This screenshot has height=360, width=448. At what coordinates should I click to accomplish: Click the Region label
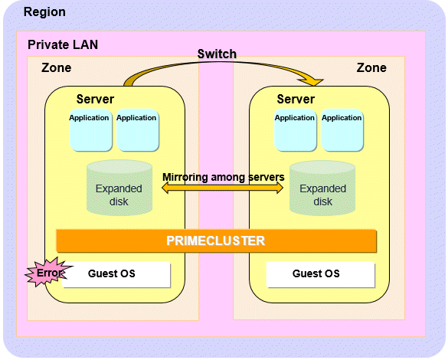[x=44, y=12]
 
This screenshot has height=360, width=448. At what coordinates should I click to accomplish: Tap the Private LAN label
[x=63, y=45]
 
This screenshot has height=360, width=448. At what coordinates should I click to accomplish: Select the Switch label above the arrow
[x=217, y=54]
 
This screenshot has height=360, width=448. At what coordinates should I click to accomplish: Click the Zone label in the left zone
[x=56, y=68]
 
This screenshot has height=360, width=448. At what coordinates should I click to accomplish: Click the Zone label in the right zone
[x=371, y=68]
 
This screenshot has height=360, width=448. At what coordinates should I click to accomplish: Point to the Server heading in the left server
[x=95, y=99]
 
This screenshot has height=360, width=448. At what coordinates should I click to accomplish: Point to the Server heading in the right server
[x=296, y=99]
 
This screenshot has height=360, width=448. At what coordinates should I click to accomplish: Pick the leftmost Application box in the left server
[x=90, y=130]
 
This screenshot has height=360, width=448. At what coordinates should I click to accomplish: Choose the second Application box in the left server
[x=137, y=130]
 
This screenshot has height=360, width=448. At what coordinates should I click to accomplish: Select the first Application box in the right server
[x=296, y=130]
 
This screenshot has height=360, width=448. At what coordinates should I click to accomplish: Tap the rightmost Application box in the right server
[x=342, y=130]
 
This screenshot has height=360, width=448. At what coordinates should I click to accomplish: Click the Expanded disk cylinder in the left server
[x=119, y=188]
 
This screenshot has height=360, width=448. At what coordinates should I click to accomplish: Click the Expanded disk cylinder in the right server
[x=322, y=188]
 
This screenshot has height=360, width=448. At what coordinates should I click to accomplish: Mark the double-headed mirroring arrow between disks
[x=222, y=188]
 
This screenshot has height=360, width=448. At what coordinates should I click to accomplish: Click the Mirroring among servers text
[x=224, y=177]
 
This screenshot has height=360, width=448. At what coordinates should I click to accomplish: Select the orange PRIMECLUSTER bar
[x=216, y=241]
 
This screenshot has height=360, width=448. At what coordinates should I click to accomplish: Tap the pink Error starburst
[x=48, y=272]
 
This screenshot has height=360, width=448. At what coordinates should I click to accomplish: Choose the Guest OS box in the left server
[x=116, y=274]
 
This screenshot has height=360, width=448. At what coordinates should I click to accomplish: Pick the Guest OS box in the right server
[x=320, y=274]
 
